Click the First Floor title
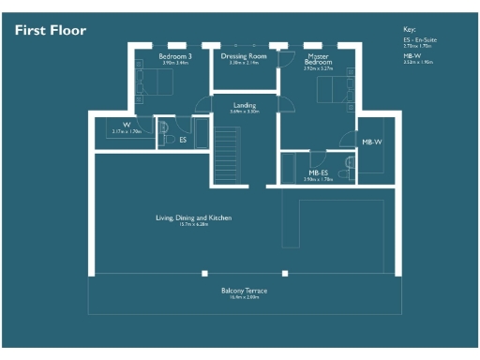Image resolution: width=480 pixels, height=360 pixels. coord(51,31)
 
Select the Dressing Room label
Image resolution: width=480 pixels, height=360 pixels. coord(244,56)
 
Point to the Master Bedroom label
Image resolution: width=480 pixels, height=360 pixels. coord(319,59)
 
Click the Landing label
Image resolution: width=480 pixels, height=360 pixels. coord(245,105)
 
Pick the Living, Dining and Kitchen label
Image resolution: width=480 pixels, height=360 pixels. coord(193,217)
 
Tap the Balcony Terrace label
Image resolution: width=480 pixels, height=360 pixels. coord(244,291)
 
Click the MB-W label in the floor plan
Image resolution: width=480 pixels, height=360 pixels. coord(372,142)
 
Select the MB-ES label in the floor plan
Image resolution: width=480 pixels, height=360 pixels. coord(319,172)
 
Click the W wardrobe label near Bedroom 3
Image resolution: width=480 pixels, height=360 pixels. coord(125,125)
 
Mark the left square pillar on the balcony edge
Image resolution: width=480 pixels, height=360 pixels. coord(205,273)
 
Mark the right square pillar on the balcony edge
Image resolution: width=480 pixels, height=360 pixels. coord(281,273)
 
